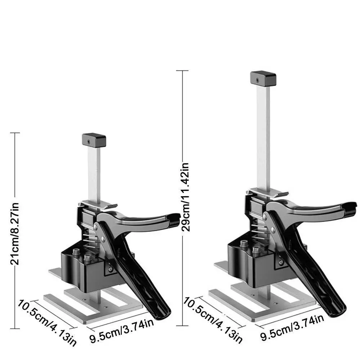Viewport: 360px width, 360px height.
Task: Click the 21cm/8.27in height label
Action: click(15, 234)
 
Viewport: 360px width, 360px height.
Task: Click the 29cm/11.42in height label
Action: click(185, 197)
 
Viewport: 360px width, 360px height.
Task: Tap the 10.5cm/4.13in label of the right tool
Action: click(213, 320)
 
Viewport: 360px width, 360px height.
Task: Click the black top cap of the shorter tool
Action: click(94, 140)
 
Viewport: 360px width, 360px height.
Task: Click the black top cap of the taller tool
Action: click(263, 78)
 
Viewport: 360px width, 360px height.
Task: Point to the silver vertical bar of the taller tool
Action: click(263, 138)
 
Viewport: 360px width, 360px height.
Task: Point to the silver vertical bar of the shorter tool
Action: click(94, 175)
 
